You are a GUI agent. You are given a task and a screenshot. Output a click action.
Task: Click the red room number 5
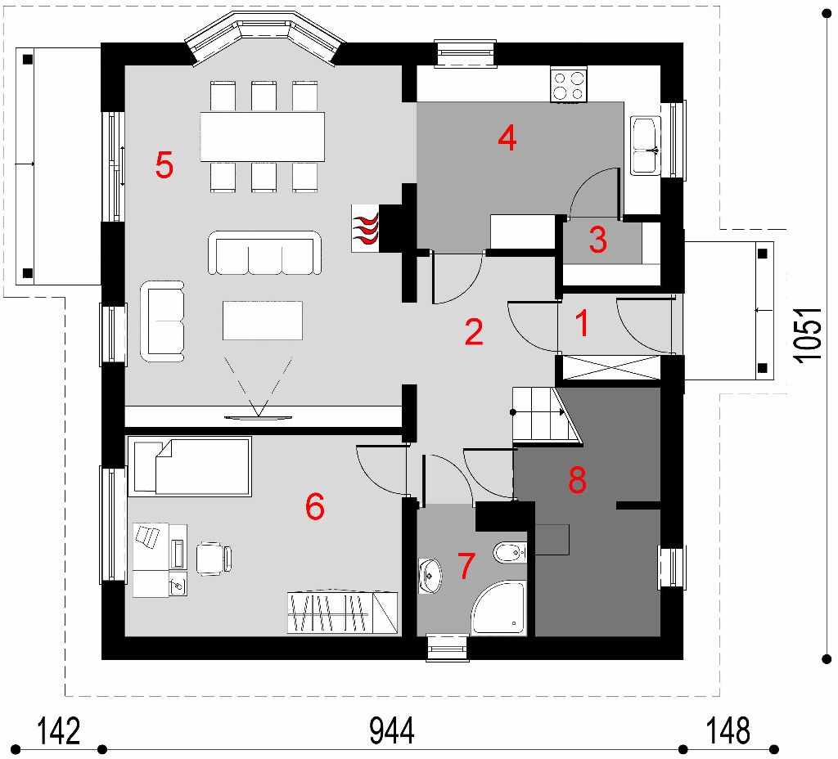click(x=164, y=164)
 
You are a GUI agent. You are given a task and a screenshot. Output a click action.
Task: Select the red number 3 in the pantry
click(x=598, y=240)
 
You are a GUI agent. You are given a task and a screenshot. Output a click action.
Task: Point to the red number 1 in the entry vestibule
click(x=583, y=323)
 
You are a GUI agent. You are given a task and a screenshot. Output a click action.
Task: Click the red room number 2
click(x=474, y=332)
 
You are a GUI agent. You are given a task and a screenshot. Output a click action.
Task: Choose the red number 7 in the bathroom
click(x=466, y=566)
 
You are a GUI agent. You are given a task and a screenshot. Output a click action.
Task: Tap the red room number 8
click(x=577, y=479)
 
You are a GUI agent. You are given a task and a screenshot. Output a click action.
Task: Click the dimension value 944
click(x=392, y=731)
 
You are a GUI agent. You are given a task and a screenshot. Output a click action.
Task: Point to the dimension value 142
click(x=58, y=731)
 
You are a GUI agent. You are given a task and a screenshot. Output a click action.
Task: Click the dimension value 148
click(x=728, y=731)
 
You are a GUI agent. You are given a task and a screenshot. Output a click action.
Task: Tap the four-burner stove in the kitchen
click(x=569, y=84)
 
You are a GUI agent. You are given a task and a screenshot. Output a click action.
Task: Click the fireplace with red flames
click(x=366, y=228)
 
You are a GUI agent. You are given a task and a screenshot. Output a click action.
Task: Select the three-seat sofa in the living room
click(x=264, y=254)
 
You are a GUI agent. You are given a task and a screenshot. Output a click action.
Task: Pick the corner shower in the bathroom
click(x=498, y=608)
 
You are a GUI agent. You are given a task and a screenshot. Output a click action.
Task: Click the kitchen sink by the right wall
click(x=645, y=146)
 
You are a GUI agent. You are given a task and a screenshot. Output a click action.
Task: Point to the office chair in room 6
click(x=214, y=558)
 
